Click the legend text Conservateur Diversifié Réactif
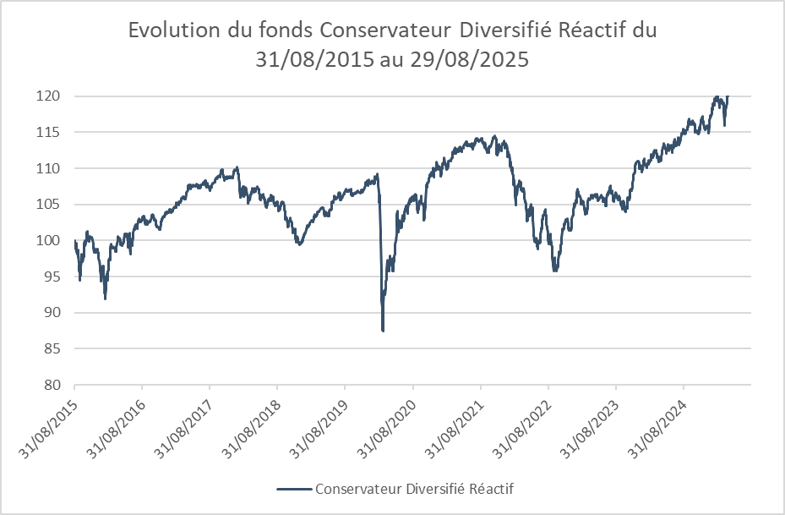tap(414, 489)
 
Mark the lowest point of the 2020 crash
tap(383, 330)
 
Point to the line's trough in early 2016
tap(105, 298)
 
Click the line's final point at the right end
tap(728, 96)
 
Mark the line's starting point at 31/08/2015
tap(75, 242)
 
